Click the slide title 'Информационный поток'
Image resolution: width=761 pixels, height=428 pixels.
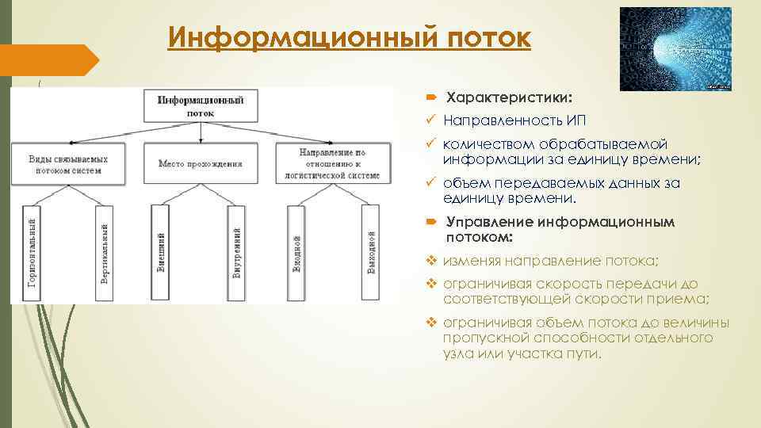(349, 36)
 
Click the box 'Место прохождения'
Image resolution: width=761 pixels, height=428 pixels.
(200, 163)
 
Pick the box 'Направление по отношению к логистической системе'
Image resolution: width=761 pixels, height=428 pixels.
(339, 163)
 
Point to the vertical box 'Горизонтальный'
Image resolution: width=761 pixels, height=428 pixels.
(31, 253)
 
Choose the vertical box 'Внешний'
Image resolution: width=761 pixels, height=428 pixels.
(161, 253)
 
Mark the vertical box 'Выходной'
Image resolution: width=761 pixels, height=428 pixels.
(370, 253)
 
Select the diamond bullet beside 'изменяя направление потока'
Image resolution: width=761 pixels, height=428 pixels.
(431, 260)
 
